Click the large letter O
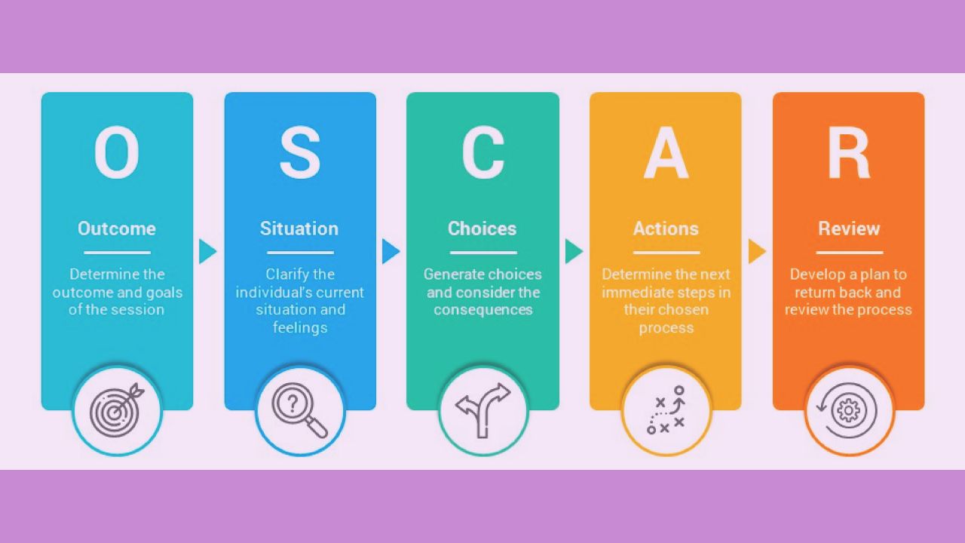pyautogui.click(x=117, y=153)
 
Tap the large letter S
pyautogui.click(x=300, y=153)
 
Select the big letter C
pyautogui.click(x=482, y=153)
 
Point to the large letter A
pyautogui.click(x=666, y=153)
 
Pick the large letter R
pyautogui.click(x=849, y=153)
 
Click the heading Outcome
pyautogui.click(x=117, y=229)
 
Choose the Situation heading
pyautogui.click(x=299, y=229)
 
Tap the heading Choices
pyautogui.click(x=482, y=229)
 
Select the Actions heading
pyautogui.click(x=666, y=229)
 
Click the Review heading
pyautogui.click(x=849, y=229)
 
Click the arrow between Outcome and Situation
pyautogui.click(x=207, y=251)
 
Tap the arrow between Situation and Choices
pyautogui.click(x=391, y=251)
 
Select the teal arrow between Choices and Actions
pyautogui.click(x=574, y=251)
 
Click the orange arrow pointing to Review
pyautogui.click(x=757, y=251)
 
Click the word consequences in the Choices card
pyautogui.click(x=483, y=310)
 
